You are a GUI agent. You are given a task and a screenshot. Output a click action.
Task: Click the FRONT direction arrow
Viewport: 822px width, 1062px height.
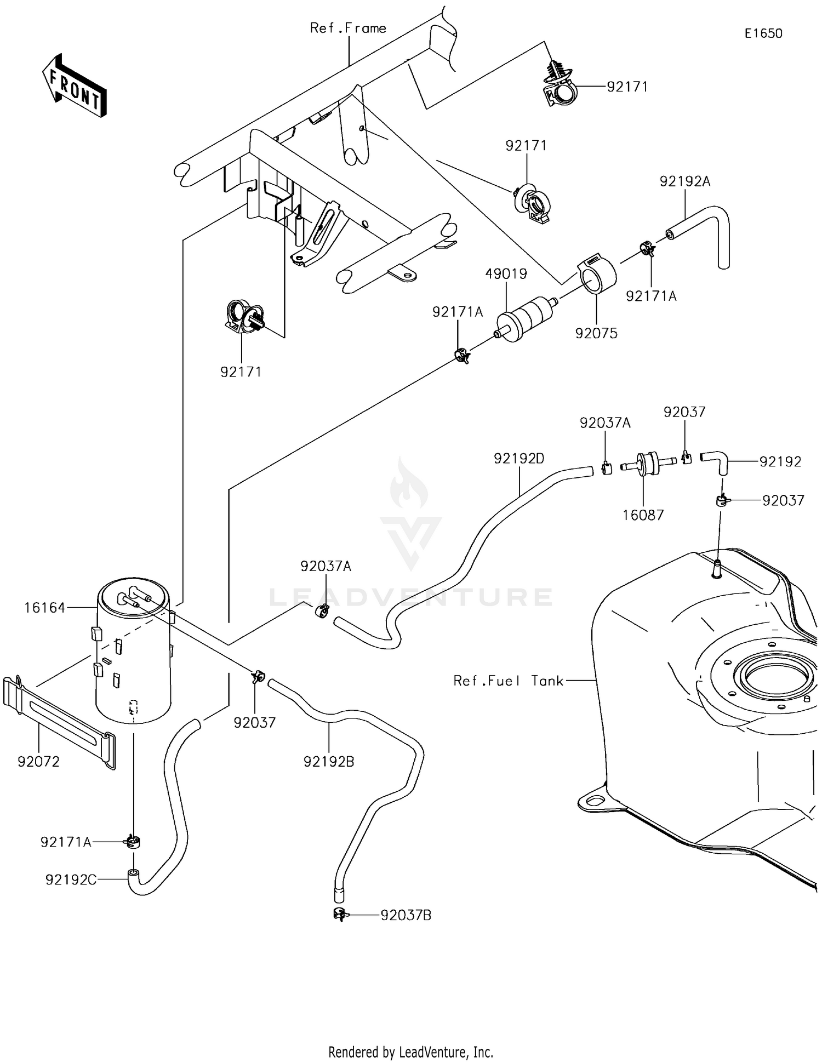coord(75,87)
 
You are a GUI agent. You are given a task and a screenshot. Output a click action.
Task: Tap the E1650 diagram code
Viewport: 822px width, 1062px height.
coord(763,33)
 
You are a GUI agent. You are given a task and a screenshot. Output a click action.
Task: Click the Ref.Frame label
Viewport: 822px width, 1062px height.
coord(348,28)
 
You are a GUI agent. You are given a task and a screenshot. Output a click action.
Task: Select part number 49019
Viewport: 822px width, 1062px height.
coord(506,273)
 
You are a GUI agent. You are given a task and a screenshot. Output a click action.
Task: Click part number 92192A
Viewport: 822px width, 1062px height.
coord(684,181)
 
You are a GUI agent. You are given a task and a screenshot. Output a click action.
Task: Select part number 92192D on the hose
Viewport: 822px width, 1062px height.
coord(519,459)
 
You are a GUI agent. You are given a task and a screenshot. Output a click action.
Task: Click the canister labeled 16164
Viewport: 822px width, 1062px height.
coord(133,652)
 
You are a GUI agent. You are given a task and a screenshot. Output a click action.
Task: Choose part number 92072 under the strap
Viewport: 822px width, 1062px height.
coord(38,762)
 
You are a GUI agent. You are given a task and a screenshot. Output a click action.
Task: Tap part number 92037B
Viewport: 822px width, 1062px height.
coord(406,915)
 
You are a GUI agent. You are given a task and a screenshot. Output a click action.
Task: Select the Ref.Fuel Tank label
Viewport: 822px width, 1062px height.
coord(508,681)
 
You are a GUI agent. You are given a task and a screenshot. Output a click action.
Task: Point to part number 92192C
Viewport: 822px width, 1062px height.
coord(71,880)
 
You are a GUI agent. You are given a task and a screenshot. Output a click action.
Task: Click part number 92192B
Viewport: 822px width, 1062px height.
coord(329,762)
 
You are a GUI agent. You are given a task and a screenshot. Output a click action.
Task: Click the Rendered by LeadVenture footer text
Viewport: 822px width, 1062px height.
coord(410,1052)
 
